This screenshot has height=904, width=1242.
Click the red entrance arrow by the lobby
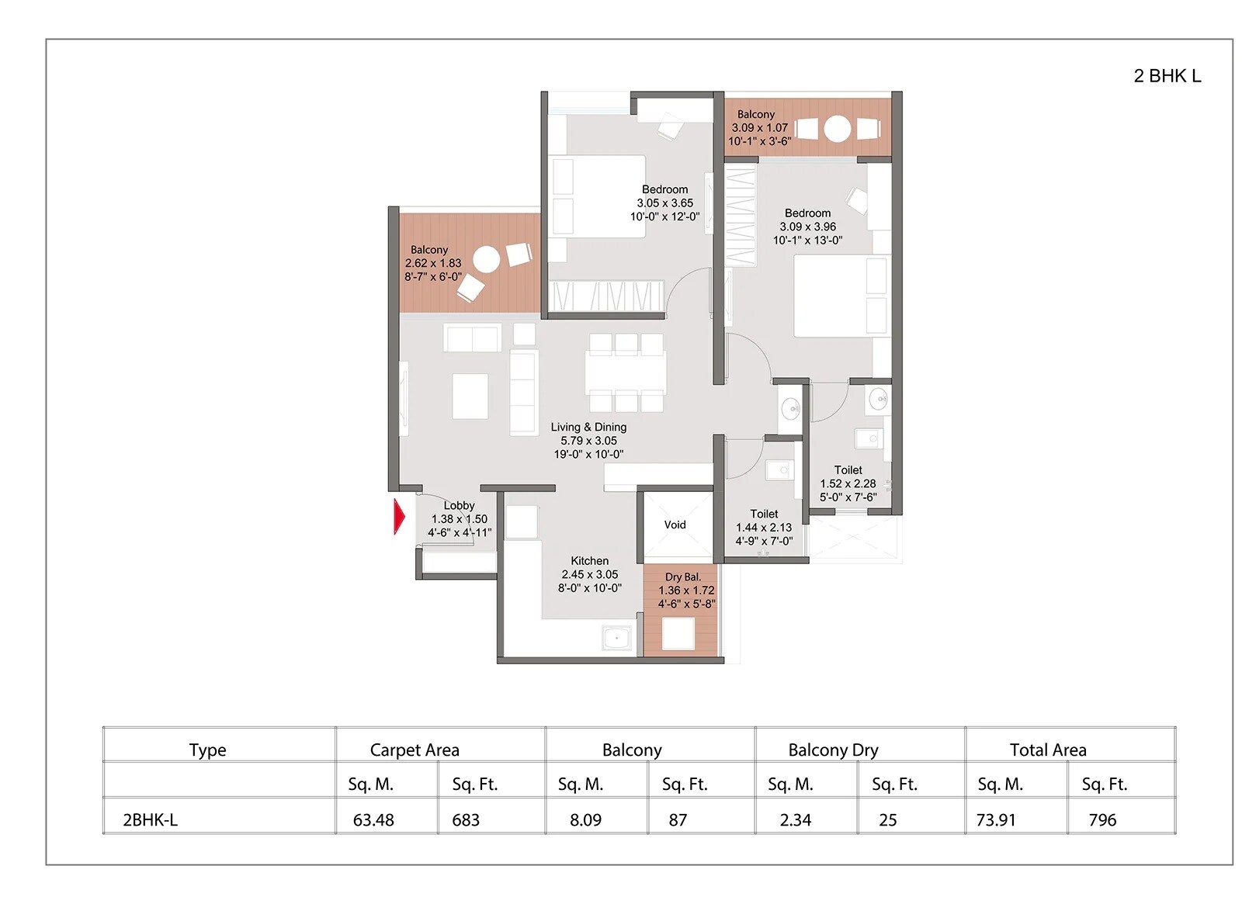coord(399,517)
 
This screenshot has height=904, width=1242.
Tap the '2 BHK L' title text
coord(1166,76)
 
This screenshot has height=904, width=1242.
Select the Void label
coord(675,525)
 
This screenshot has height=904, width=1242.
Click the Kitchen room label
coord(589,560)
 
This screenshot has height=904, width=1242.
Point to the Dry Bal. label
coord(682,577)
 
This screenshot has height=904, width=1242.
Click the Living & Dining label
coord(588,427)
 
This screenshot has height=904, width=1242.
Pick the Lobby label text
coord(459,505)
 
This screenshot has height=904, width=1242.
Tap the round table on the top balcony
coord(837,128)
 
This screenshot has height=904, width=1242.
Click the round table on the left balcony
coord(487,259)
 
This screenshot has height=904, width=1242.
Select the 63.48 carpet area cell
coord(373,819)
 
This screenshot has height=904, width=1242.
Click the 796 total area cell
coord(1102,819)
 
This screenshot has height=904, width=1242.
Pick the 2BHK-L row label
coord(150,819)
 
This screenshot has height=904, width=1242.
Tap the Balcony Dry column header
coord(833,750)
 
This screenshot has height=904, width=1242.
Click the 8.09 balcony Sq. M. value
coord(585,819)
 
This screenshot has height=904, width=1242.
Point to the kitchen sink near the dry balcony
coord(618,638)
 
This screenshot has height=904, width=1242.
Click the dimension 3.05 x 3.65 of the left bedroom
coord(664,203)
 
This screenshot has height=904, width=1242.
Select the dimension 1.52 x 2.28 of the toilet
coord(848,483)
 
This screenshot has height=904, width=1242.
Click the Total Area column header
coord(1047,750)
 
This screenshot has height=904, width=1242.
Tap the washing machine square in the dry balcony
coord(678,633)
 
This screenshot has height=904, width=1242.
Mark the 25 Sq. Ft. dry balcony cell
coord(887,819)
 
